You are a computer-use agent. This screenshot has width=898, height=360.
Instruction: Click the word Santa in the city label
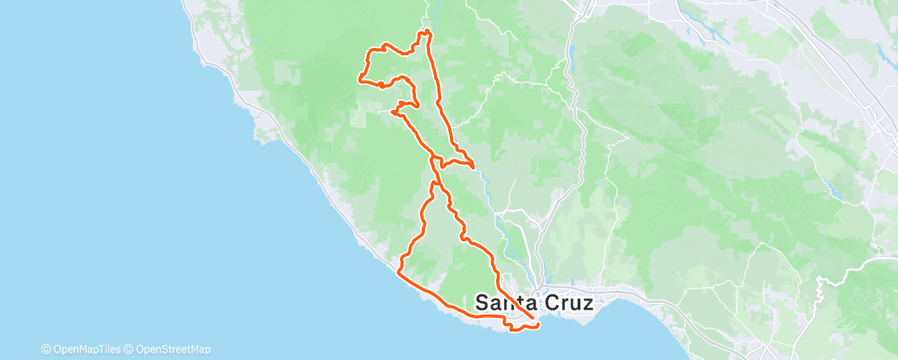point(504,303)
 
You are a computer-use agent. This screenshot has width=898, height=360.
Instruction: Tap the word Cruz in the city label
point(565,303)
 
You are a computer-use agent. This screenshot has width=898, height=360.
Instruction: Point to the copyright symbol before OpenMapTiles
point(45,349)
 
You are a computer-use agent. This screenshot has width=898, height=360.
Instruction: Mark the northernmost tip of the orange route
point(428,31)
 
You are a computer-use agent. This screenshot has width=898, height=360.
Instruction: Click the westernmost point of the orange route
point(359,79)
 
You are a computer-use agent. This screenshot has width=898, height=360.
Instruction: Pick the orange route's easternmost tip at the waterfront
point(539,325)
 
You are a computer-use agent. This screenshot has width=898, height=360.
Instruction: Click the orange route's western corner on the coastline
point(399,270)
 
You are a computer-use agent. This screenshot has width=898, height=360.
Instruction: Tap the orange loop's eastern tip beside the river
point(474,166)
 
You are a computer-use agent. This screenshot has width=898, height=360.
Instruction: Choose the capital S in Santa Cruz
point(483,303)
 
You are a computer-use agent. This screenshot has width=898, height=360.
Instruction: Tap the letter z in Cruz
point(587,304)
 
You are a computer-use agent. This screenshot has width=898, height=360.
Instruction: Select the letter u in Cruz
point(572,304)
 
